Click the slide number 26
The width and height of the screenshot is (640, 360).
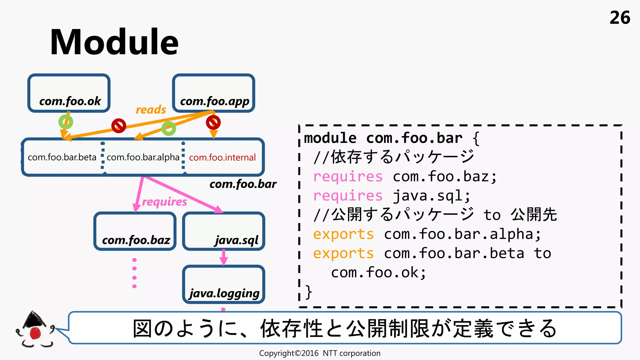pyautogui.click(x=620, y=18)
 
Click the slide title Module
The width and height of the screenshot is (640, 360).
pyautogui.click(x=114, y=42)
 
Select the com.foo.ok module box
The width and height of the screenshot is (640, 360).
pyautogui.click(x=69, y=93)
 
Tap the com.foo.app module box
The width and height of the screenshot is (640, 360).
pyautogui.click(x=214, y=93)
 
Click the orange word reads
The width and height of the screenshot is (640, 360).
pyautogui.click(x=151, y=110)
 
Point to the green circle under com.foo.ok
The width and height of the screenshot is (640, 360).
pyautogui.click(x=66, y=122)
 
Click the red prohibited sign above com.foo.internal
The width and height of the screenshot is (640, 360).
pyautogui.click(x=213, y=122)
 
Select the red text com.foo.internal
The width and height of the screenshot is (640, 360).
pyautogui.click(x=222, y=157)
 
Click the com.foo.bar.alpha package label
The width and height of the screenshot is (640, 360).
pyautogui.click(x=143, y=157)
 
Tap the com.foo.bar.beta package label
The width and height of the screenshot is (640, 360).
pyautogui.click(x=62, y=157)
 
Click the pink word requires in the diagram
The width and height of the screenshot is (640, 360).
pyautogui.click(x=164, y=202)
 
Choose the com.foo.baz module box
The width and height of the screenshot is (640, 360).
pyautogui.click(x=135, y=231)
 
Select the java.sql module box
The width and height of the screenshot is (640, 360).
pyautogui.click(x=224, y=231)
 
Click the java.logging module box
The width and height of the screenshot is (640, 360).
pyautogui.click(x=224, y=284)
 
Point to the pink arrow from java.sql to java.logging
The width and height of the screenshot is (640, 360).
pyautogui.click(x=224, y=257)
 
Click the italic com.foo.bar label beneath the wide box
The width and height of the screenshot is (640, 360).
pyautogui.click(x=243, y=184)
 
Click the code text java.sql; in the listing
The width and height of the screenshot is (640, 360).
pyautogui.click(x=431, y=196)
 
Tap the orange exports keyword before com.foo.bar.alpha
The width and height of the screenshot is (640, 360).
pyautogui.click(x=343, y=234)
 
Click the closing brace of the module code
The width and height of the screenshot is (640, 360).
pyautogui.click(x=308, y=292)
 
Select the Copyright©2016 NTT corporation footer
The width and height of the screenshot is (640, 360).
pyautogui.click(x=320, y=353)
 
